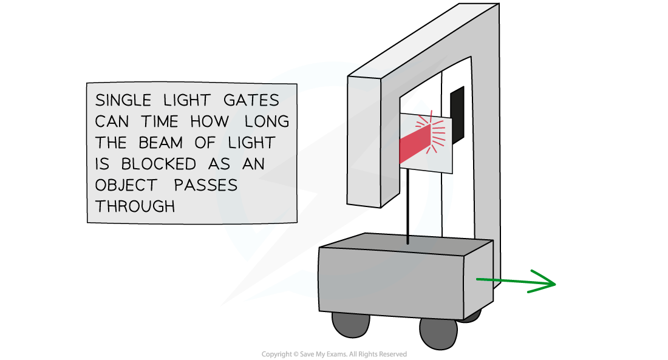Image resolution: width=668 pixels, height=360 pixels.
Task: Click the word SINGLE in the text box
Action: click(x=120, y=100)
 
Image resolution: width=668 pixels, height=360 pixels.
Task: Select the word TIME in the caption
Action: click(x=160, y=121)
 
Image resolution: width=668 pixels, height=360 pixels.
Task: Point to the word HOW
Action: click(x=209, y=121)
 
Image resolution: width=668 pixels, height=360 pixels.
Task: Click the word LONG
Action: click(x=267, y=121)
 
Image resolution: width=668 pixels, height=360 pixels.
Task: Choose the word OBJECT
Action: click(x=126, y=185)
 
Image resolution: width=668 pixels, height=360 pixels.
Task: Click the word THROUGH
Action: click(x=135, y=206)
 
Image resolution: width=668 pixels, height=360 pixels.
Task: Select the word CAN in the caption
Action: click(x=112, y=121)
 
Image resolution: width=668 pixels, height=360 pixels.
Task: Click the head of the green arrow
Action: click(x=546, y=283)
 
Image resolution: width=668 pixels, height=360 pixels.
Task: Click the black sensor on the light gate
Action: click(x=457, y=109)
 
